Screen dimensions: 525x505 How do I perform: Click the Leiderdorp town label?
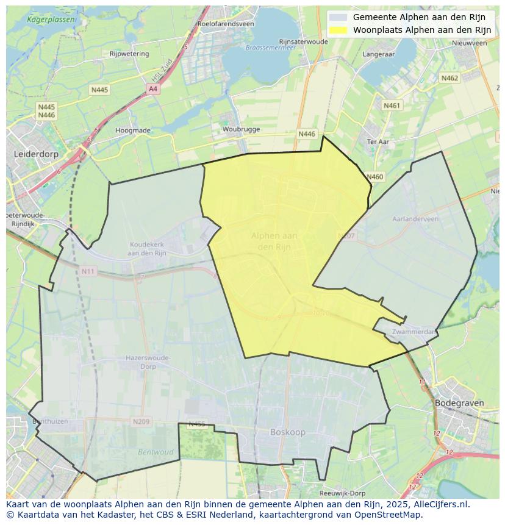click(x=36, y=154)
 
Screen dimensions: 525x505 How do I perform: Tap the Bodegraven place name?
click(x=459, y=403)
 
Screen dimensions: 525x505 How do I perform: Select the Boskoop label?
click(x=288, y=432)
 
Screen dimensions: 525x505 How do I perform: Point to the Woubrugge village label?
click(x=241, y=129)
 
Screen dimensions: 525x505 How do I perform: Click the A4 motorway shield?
click(x=153, y=89)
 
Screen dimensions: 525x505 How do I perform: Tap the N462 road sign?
click(x=449, y=78)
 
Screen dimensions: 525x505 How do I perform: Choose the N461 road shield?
click(x=392, y=105)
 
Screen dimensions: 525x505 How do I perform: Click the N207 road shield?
click(x=346, y=235)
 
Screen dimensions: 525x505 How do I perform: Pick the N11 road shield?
click(x=88, y=271)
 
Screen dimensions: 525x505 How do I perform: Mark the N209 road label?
click(x=141, y=421)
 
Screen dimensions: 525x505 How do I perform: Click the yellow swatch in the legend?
click(x=337, y=30)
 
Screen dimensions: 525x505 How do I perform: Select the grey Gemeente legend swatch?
click(x=337, y=17)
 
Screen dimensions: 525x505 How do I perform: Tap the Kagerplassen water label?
click(x=52, y=20)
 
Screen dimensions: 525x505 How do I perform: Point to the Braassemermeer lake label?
click(x=266, y=47)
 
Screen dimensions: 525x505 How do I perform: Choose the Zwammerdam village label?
click(x=415, y=332)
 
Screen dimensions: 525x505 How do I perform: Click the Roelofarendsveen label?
click(x=225, y=24)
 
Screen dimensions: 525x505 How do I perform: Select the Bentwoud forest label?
click(x=156, y=452)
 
